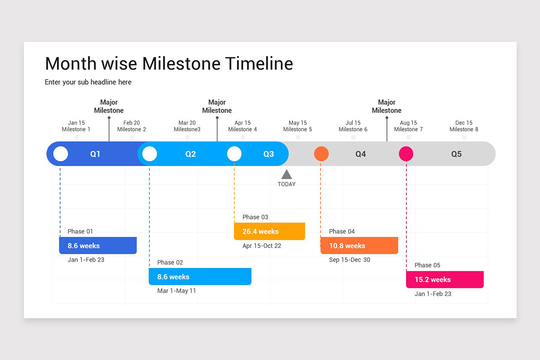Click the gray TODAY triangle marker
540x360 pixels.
pos(287,175)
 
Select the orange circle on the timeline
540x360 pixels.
pos(321,154)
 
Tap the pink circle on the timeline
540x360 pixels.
pos(406,154)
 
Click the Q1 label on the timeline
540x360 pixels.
pos(95,154)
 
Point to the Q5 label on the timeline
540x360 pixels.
pos(456,154)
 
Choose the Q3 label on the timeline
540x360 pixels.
pos(269,154)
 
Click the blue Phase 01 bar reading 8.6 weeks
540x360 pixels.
pos(98,246)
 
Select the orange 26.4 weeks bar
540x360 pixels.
pos(269,231)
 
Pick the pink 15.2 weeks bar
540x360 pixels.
pos(445,279)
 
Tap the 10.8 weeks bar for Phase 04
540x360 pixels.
pos(359,246)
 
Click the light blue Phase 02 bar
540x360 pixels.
pos(200,277)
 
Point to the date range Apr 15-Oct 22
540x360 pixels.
pos(261,246)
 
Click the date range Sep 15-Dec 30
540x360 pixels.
pos(349,260)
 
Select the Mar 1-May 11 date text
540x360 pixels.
pos(176,291)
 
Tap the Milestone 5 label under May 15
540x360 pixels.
pos(297,130)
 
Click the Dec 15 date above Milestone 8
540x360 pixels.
pos(463,123)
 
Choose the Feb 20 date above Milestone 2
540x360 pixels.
pos(131,123)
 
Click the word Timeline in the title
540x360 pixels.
pos(259,64)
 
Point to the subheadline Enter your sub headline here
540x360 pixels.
pos(88,82)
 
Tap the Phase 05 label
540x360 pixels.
pos(427,265)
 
